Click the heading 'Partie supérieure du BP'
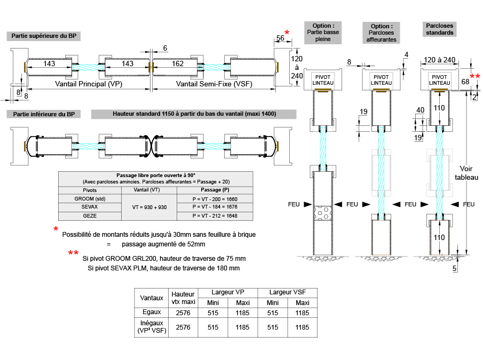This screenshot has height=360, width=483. click(41, 36)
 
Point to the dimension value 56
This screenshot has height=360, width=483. click(280, 38)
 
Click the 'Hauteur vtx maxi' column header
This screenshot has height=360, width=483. click(182, 298)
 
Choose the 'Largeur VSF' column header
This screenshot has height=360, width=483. click(288, 292)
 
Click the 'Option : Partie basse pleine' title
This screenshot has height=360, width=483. click(323, 32)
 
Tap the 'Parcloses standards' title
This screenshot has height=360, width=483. click(440, 29)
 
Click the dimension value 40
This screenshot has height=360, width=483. click(420, 110)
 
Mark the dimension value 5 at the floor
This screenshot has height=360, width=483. click(454, 269)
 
